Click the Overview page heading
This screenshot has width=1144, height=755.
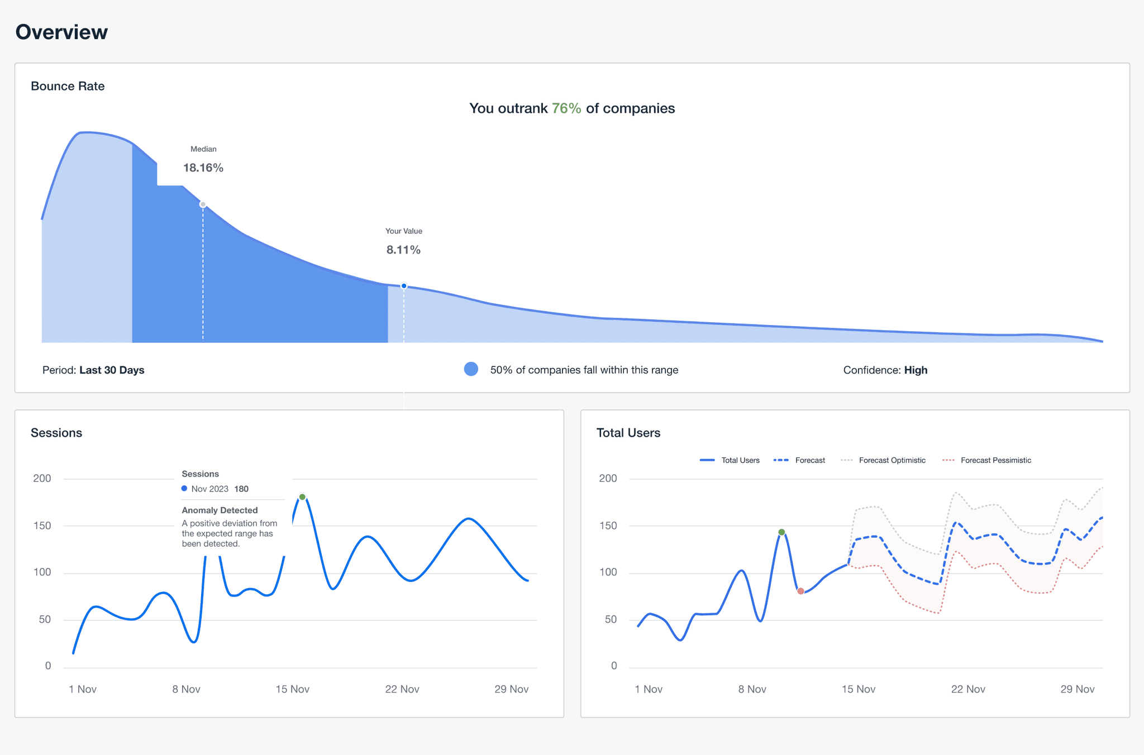click(61, 32)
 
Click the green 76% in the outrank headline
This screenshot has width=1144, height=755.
click(566, 108)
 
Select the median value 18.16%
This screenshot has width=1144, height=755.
click(203, 168)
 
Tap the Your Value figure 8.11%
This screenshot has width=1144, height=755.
click(403, 250)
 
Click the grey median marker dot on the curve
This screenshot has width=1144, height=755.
click(203, 204)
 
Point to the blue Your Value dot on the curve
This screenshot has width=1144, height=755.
click(404, 286)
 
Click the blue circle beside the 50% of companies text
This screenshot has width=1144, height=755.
click(471, 369)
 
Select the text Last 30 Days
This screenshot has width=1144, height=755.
click(112, 370)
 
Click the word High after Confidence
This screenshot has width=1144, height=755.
click(916, 370)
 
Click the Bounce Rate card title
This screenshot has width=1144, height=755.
click(68, 86)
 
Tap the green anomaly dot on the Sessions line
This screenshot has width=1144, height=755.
click(302, 497)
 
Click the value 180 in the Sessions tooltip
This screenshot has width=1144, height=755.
click(241, 489)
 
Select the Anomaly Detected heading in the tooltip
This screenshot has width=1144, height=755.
click(220, 510)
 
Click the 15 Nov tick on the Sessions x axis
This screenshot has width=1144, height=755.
click(292, 689)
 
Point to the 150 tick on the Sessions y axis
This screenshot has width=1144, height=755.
click(42, 525)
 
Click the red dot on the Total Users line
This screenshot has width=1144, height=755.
click(800, 591)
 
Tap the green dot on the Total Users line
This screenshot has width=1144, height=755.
click(781, 532)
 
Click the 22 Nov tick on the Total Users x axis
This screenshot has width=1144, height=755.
click(968, 689)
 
